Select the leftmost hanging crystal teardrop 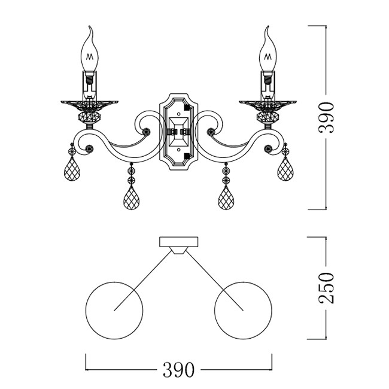coord(72,169)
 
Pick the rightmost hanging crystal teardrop coord(285,169)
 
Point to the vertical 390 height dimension coord(326,117)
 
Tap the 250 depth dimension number coord(326,288)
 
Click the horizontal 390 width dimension coord(178,370)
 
